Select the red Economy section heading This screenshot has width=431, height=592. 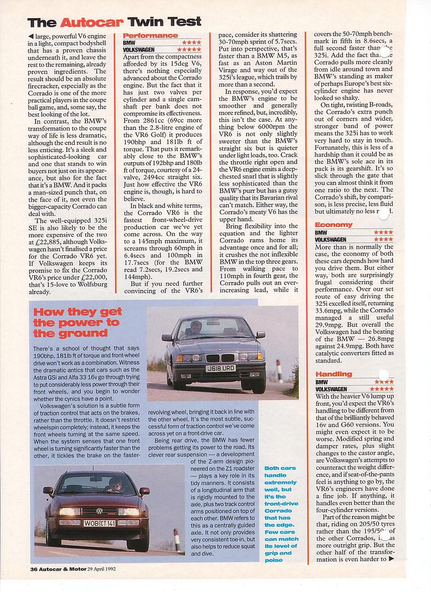(333, 225)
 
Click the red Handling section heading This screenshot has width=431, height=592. (333, 374)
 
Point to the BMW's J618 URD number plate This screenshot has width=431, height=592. (220, 368)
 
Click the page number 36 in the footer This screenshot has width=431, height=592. (34, 569)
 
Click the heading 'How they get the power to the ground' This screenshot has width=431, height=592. (77, 322)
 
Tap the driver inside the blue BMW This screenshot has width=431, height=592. (196, 328)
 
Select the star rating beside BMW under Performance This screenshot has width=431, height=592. (191, 42)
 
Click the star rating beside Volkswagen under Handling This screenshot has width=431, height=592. (382, 389)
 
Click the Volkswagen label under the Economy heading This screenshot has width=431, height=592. (331, 239)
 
